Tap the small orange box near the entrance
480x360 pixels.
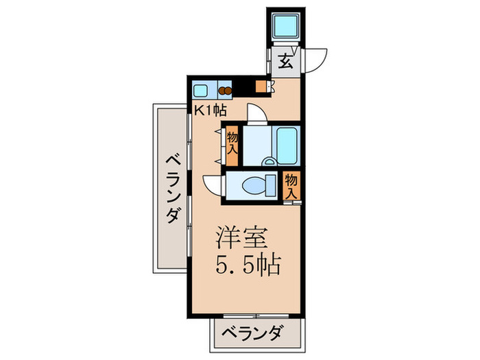click(x=260, y=87)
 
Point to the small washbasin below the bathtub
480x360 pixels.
click(x=270, y=163)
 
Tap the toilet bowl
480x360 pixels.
click(x=251, y=185)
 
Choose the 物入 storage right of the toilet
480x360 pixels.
click(x=291, y=185)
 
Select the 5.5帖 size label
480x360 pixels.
click(x=248, y=264)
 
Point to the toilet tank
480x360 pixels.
click(x=271, y=185)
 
